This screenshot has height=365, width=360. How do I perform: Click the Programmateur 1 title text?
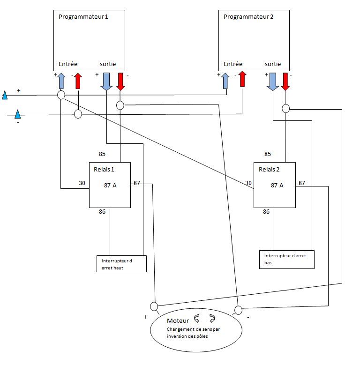click(x=83, y=17)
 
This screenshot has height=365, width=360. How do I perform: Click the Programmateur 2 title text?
click(x=248, y=17)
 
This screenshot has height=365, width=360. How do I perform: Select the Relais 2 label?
click(x=269, y=169)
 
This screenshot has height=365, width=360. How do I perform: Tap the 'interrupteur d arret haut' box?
click(x=121, y=264)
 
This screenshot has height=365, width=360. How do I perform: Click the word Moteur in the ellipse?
click(x=178, y=320)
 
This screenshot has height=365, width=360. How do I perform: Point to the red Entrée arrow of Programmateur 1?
click(x=78, y=81)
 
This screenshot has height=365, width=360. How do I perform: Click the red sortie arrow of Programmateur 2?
click(x=285, y=81)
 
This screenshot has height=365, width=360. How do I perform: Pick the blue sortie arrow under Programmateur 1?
click(x=106, y=81)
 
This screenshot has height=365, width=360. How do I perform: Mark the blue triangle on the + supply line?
click(x=5, y=96)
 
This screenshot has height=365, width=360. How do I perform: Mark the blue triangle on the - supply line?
click(x=17, y=114)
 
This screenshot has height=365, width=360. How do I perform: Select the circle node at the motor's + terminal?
click(x=154, y=306)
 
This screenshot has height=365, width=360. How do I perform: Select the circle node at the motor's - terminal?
click(x=238, y=310)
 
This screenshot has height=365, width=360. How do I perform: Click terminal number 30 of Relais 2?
click(x=248, y=183)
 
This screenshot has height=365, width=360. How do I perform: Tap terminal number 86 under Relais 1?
click(x=102, y=212)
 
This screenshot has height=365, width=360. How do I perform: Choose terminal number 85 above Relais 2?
click(x=268, y=154)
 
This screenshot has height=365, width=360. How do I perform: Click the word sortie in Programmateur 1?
click(x=108, y=64)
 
